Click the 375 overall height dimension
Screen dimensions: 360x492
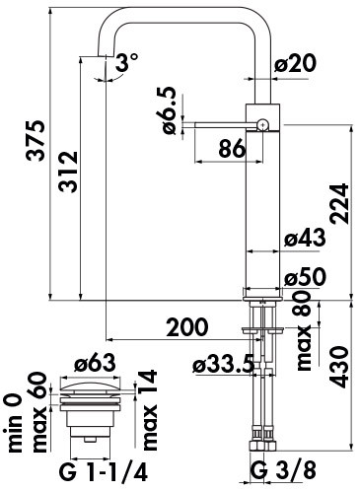[x=36, y=141]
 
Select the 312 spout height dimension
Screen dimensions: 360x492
[x=68, y=172]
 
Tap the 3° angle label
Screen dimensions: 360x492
[x=127, y=62]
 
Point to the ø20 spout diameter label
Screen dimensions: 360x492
[x=295, y=63]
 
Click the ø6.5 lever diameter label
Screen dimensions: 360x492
[x=171, y=110]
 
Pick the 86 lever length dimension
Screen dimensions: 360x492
[x=232, y=148]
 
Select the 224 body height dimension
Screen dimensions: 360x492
[x=339, y=204]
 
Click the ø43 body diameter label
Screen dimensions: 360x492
[x=305, y=237]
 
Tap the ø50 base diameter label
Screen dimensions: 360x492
[x=305, y=277]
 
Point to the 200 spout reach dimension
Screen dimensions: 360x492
[x=187, y=327]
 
